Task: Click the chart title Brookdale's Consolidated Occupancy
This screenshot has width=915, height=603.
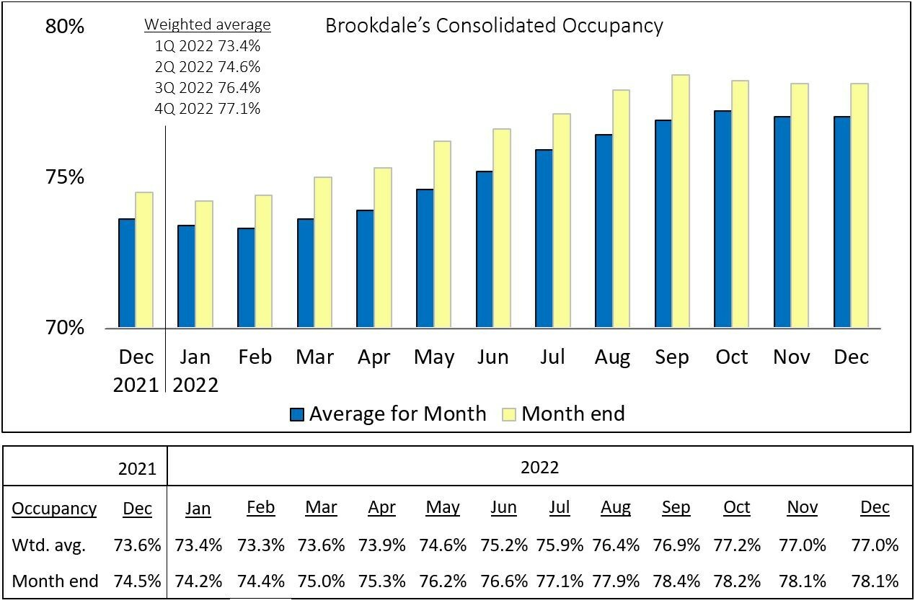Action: (494, 26)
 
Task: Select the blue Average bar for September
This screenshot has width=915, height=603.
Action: (663, 223)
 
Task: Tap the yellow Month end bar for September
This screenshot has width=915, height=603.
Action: (681, 201)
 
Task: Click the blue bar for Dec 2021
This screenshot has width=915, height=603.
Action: (127, 273)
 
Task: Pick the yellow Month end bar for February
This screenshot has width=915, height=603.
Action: (263, 261)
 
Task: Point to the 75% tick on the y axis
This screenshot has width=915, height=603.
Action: (66, 177)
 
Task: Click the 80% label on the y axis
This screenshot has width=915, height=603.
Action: (66, 27)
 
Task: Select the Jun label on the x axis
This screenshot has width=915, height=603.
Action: (493, 357)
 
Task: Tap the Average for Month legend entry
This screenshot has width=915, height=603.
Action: (388, 414)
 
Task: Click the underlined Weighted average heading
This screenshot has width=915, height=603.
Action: (208, 25)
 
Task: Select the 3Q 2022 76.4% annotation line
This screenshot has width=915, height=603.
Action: (208, 88)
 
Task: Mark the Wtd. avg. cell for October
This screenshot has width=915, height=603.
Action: (736, 545)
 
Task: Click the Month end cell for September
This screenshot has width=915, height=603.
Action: (676, 581)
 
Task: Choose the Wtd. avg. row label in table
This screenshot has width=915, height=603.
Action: (48, 545)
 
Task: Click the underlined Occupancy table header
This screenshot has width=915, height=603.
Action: (54, 508)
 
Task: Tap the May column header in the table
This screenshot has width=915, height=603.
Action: (443, 507)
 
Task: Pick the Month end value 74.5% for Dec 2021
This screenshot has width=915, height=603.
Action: (137, 581)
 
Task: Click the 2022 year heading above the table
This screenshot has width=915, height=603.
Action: (539, 468)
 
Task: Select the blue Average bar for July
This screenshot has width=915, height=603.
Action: (544, 238)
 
